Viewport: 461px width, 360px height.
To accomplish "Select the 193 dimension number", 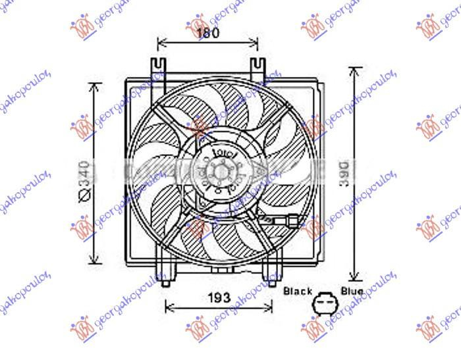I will pyautogui.click(x=218, y=297).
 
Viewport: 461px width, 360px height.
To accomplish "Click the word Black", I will pyautogui.click(x=297, y=290).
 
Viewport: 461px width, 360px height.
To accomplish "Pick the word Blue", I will pyautogui.click(x=352, y=290).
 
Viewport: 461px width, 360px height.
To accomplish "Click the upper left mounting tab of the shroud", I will pyautogui.click(x=157, y=68).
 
